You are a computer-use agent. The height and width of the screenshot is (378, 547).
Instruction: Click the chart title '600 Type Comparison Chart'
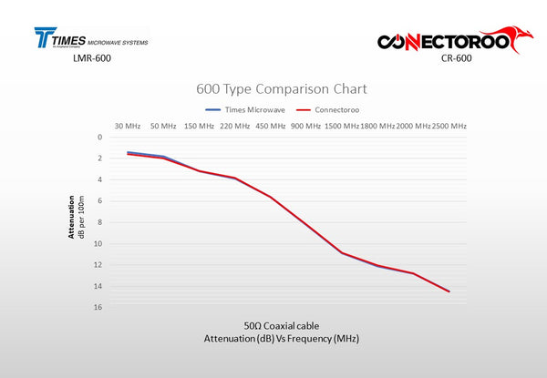pos(282,89)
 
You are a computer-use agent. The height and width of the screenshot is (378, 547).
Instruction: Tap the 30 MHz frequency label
pos(128,126)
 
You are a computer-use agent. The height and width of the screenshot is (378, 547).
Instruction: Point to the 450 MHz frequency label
pos(271,126)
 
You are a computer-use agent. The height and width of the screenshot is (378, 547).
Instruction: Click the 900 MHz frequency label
pos(306,126)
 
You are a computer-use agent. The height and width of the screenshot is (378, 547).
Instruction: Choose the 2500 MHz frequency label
pos(449,126)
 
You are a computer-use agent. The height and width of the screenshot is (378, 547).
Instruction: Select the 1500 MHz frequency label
pos(342,126)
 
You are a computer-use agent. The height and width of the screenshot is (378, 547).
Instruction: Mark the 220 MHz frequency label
pos(234,126)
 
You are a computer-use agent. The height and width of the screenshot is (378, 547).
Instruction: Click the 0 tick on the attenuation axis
pos(100,138)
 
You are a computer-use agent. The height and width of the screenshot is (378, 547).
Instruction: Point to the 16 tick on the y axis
pos(98,307)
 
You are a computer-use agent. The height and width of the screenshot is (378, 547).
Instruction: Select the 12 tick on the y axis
pos(98,265)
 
